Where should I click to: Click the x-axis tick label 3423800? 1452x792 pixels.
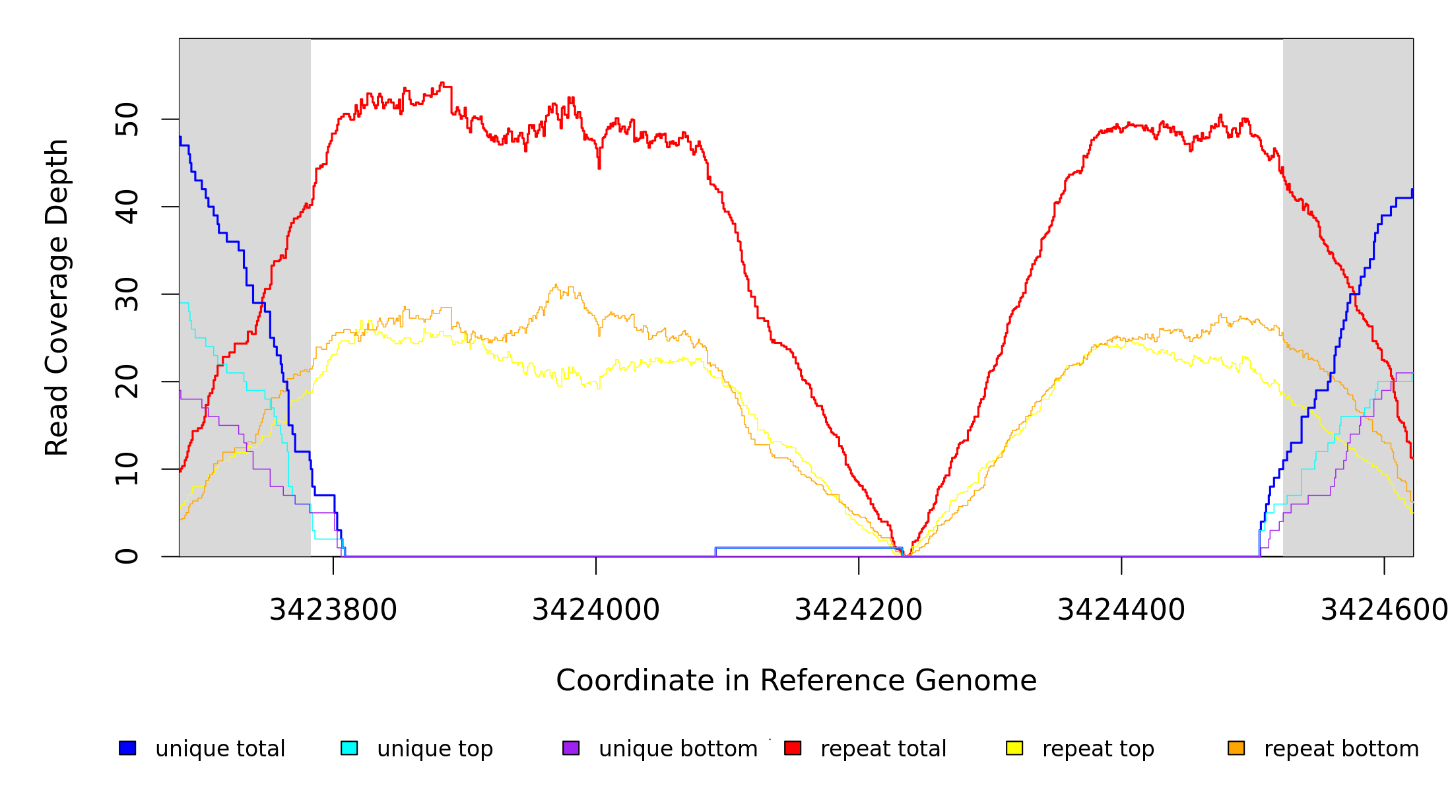333,610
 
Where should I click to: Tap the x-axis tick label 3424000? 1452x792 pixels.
596,610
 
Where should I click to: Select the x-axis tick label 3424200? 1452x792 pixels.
859,610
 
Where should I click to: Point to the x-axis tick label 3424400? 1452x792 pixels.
1121,610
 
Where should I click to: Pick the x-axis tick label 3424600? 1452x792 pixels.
1383,610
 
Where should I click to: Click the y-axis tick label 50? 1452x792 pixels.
127,119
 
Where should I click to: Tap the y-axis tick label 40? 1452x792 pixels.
127,207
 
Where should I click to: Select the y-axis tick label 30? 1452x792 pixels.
127,294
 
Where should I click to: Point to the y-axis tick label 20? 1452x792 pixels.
127,381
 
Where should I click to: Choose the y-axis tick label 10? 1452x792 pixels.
127,469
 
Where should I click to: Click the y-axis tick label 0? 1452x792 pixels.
127,556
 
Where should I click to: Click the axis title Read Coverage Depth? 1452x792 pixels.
57,297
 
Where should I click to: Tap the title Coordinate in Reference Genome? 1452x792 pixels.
796,680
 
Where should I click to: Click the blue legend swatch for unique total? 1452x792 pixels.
127,748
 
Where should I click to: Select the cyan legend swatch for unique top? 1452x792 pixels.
349,748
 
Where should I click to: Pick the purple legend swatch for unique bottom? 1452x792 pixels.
571,748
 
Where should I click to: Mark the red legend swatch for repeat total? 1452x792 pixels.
793,748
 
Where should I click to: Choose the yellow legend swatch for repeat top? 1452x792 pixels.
1014,748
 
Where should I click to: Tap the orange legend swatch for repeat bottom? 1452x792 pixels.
1236,748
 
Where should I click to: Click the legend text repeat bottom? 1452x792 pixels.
1341,749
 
